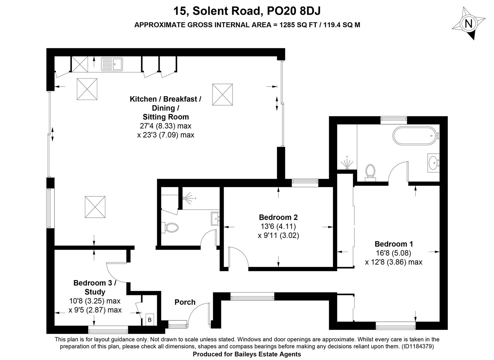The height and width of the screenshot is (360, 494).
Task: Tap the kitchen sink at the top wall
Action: (x=112, y=64)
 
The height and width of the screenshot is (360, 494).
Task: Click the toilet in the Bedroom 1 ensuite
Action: (x=370, y=173)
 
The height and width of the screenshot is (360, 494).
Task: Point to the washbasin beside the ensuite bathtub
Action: (x=433, y=163)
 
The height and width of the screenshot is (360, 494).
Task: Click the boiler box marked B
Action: (x=150, y=320)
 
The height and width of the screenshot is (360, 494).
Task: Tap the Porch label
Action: (x=185, y=302)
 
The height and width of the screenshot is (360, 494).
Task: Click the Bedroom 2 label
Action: (x=278, y=217)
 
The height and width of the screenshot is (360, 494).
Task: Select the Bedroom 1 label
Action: (x=394, y=244)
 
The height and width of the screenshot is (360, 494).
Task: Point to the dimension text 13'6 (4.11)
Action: (x=278, y=226)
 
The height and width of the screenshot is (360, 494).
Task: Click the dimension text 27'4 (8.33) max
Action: (x=166, y=126)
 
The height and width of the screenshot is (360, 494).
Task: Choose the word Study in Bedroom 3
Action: (x=95, y=292)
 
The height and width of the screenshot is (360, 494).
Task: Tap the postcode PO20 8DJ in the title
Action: (x=294, y=11)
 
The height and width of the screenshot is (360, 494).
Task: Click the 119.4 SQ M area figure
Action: (x=342, y=25)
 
